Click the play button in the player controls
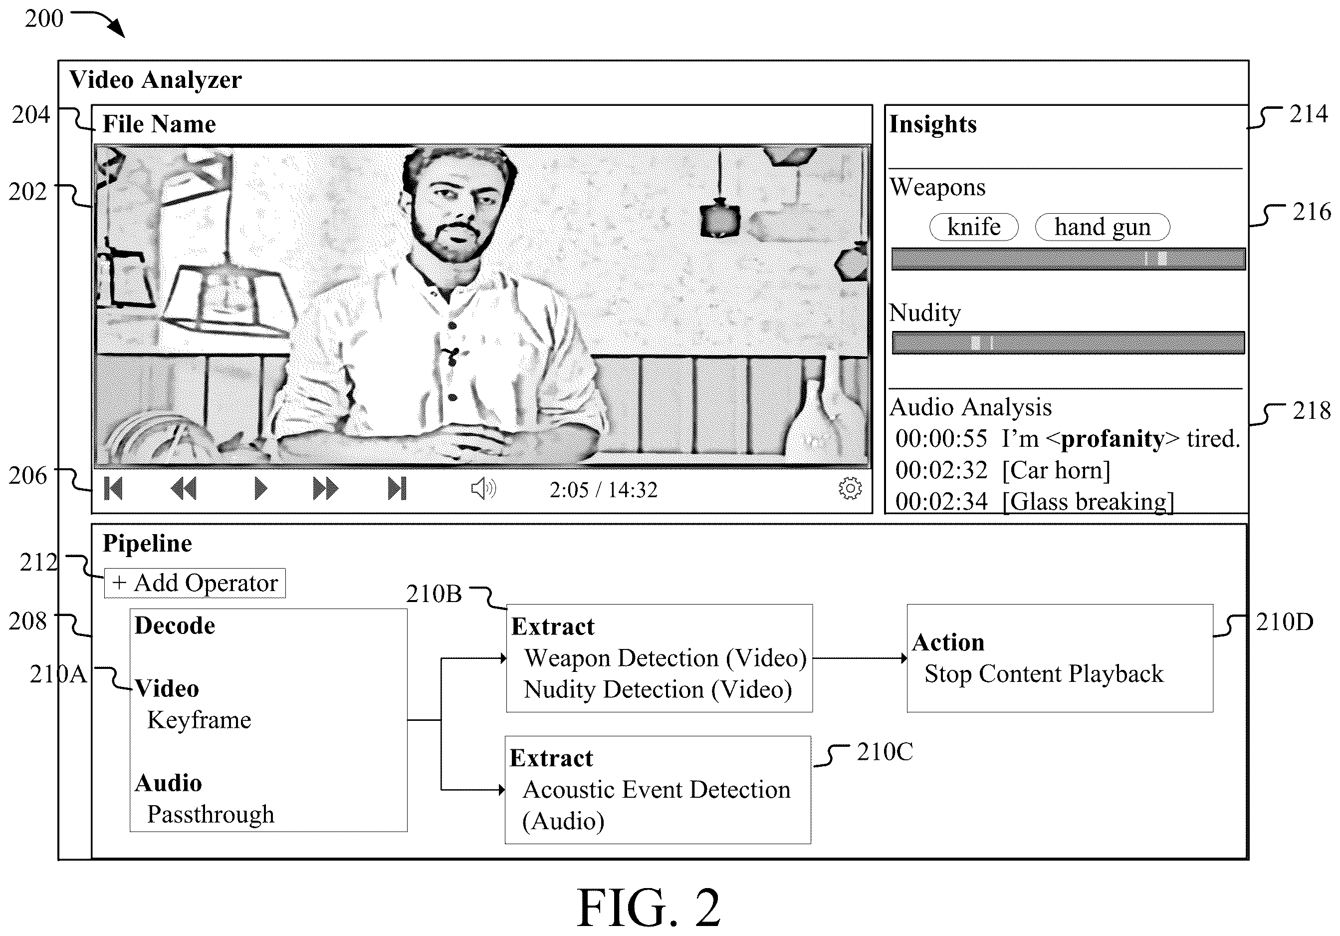coord(260,488)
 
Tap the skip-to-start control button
coord(113,488)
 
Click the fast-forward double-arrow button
coord(325,488)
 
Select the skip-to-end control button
coord(397,488)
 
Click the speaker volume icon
coord(483,488)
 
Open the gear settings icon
coord(850,488)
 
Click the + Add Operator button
coord(195,583)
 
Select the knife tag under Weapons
coord(973,227)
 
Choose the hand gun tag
coord(1103,227)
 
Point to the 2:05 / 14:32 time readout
coord(604,489)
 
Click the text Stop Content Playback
coord(1044,673)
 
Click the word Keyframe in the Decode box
coord(199,720)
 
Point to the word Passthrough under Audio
coord(211,815)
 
